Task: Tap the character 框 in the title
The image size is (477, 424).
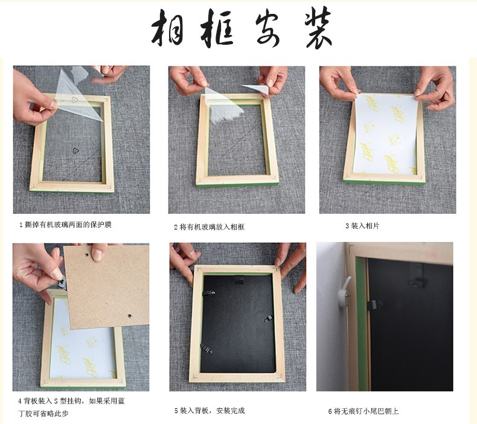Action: coord(217,28)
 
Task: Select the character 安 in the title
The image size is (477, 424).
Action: coord(267,29)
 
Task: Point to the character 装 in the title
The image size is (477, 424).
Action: coord(318,28)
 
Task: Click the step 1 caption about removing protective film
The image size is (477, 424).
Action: coord(65,225)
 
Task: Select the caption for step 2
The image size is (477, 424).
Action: coord(209,227)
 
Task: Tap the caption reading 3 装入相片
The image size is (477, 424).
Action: coord(363,226)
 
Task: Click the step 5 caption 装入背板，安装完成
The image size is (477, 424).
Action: coord(210,411)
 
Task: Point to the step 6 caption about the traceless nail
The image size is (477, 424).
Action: coord(363,411)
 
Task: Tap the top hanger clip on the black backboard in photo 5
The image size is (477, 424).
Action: coord(240,280)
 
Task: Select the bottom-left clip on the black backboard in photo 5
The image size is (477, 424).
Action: coord(207,349)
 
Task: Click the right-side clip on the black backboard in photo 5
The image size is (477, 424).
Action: coord(268,318)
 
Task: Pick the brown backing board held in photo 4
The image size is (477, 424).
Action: coord(106,286)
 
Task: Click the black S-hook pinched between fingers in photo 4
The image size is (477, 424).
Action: coord(62,284)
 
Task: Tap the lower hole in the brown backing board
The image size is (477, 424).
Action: coord(130,316)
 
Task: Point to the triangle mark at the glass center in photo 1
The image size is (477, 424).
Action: coord(75,150)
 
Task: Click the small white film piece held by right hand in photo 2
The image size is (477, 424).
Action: coord(256,89)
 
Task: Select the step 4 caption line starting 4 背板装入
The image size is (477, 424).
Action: coord(71,401)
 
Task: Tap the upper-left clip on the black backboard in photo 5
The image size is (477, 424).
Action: coord(209,293)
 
